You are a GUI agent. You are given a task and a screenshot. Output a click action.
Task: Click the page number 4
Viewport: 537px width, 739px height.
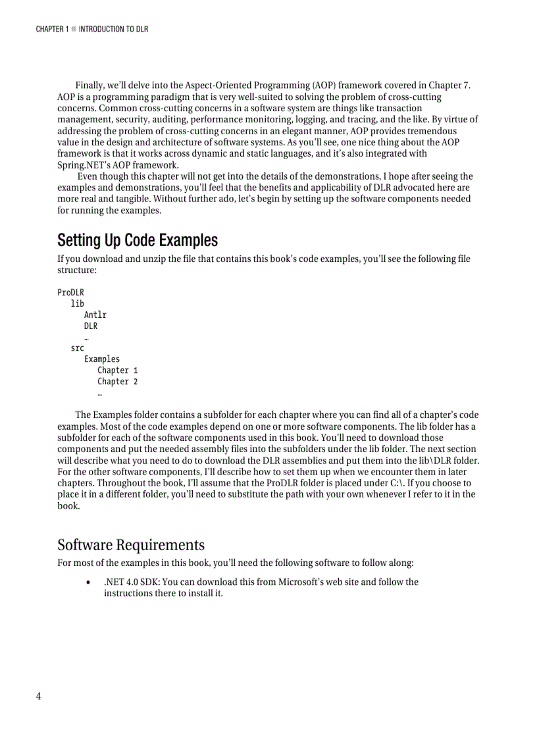(39, 696)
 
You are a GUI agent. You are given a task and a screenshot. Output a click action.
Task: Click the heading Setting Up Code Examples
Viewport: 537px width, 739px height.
(137, 240)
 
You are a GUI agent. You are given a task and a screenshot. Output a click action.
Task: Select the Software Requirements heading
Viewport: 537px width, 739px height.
(130, 545)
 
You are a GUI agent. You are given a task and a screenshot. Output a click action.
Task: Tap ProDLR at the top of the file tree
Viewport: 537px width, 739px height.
(70, 292)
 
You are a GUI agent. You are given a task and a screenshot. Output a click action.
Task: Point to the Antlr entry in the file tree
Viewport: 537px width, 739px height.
(95, 315)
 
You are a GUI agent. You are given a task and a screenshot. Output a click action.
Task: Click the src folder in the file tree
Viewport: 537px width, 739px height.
(77, 347)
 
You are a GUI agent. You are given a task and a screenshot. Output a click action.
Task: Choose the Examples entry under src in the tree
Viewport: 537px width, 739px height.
(102, 359)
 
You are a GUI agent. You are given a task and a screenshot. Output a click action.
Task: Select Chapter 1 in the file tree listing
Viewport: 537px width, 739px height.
(117, 370)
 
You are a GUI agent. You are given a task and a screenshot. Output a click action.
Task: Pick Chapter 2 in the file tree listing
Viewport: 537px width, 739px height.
(117, 381)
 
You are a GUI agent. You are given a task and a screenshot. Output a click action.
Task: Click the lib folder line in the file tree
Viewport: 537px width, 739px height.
(77, 303)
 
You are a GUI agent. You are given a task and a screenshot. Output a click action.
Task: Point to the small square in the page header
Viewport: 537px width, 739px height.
(74, 30)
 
